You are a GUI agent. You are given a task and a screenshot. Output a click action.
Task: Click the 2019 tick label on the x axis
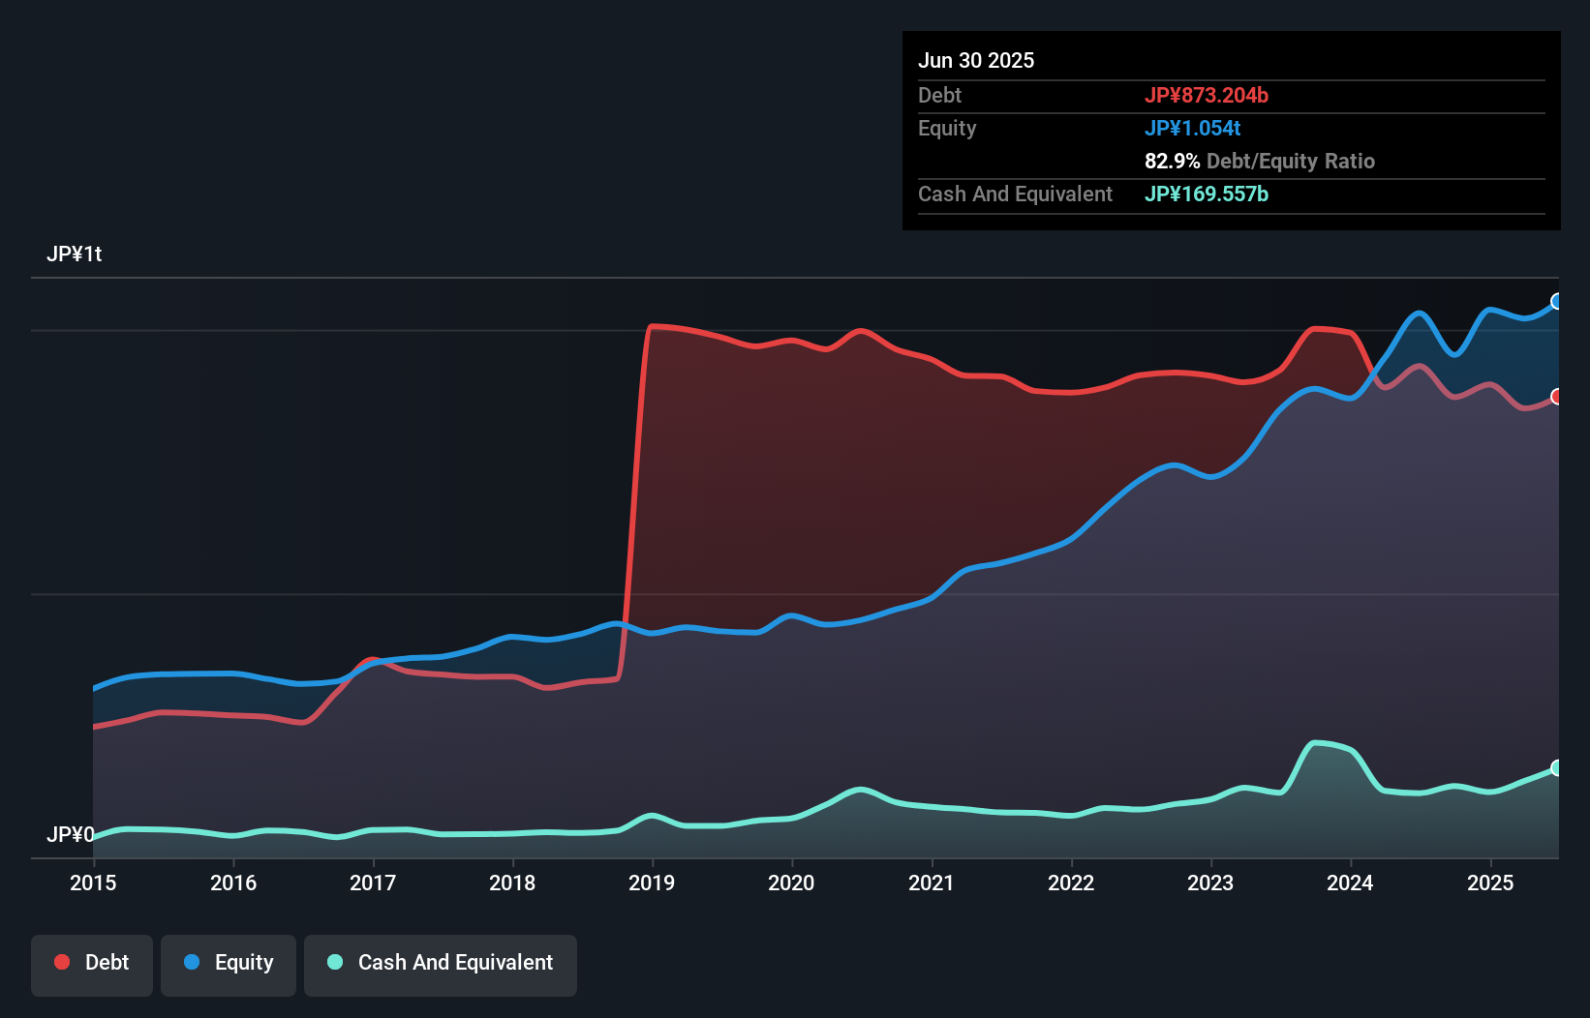click(x=652, y=883)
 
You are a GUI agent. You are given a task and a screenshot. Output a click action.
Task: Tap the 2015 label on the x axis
click(x=93, y=883)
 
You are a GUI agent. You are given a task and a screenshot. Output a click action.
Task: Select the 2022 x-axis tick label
click(x=1071, y=883)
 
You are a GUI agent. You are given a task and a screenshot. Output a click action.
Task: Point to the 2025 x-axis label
click(x=1490, y=883)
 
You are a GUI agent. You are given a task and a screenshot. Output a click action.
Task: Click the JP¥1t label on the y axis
click(x=74, y=254)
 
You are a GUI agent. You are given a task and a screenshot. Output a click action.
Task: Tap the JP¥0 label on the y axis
click(x=70, y=834)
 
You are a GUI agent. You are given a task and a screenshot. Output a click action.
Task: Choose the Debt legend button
click(x=92, y=963)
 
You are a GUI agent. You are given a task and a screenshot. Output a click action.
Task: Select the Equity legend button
click(x=229, y=963)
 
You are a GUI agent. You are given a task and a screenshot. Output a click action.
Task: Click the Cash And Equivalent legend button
click(x=441, y=963)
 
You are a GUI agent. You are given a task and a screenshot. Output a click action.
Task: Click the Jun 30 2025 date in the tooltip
click(x=976, y=61)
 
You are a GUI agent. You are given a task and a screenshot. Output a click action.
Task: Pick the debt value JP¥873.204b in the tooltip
click(x=1207, y=96)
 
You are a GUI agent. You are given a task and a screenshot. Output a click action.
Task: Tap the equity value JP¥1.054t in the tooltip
click(x=1192, y=129)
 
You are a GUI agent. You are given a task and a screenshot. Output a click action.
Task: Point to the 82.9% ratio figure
click(x=1172, y=162)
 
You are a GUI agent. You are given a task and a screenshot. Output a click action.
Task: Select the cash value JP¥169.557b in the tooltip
click(x=1207, y=195)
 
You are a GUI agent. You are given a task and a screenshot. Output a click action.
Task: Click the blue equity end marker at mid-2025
click(x=1557, y=301)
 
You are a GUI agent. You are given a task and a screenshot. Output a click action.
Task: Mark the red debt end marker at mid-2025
click(x=1557, y=397)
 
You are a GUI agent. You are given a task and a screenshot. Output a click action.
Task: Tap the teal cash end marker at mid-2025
click(x=1557, y=768)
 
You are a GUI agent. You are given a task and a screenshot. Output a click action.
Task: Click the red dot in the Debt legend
click(x=62, y=962)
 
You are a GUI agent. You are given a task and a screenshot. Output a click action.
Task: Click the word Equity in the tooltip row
click(x=947, y=129)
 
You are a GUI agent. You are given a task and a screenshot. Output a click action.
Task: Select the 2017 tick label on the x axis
click(x=373, y=883)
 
